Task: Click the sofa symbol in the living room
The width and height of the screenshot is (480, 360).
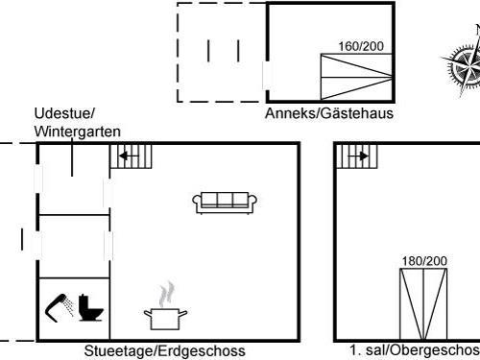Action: point(224,202)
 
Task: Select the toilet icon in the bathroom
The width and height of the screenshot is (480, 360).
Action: point(92,308)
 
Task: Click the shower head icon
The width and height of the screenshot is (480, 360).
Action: point(60,305)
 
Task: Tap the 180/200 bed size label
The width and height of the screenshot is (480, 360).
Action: point(423,261)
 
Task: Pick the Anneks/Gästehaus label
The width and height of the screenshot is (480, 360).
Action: point(329,112)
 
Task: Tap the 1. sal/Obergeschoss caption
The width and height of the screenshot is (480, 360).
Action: point(414,350)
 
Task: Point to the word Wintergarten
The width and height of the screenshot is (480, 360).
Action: point(78,131)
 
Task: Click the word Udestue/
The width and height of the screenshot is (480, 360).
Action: point(64,113)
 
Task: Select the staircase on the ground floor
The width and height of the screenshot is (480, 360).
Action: point(132,156)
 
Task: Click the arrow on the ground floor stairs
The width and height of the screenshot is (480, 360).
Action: point(127,155)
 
